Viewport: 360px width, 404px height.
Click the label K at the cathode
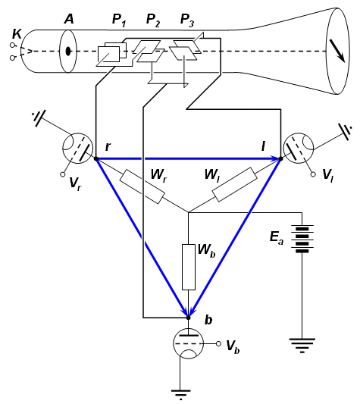(17, 34)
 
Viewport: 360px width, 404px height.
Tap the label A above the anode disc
(68, 19)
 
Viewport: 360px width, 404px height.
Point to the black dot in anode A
(68, 52)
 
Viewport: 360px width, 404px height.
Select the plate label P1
(119, 20)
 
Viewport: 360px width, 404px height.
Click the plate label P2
(153, 20)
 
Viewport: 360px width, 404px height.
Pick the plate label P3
(187, 20)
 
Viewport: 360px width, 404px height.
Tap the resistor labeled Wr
(142, 186)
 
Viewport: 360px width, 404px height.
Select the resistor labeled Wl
(234, 184)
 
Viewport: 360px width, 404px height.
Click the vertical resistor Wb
(189, 268)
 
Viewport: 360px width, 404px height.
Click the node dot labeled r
(96, 158)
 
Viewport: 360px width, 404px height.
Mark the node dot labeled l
(280, 158)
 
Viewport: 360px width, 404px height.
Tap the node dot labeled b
(189, 318)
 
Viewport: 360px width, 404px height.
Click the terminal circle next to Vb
(218, 343)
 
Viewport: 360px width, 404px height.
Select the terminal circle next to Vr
(62, 174)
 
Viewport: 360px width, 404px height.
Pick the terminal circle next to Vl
(313, 174)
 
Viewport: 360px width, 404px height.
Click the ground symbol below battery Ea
(302, 345)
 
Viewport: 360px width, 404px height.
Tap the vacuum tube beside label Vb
(189, 343)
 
